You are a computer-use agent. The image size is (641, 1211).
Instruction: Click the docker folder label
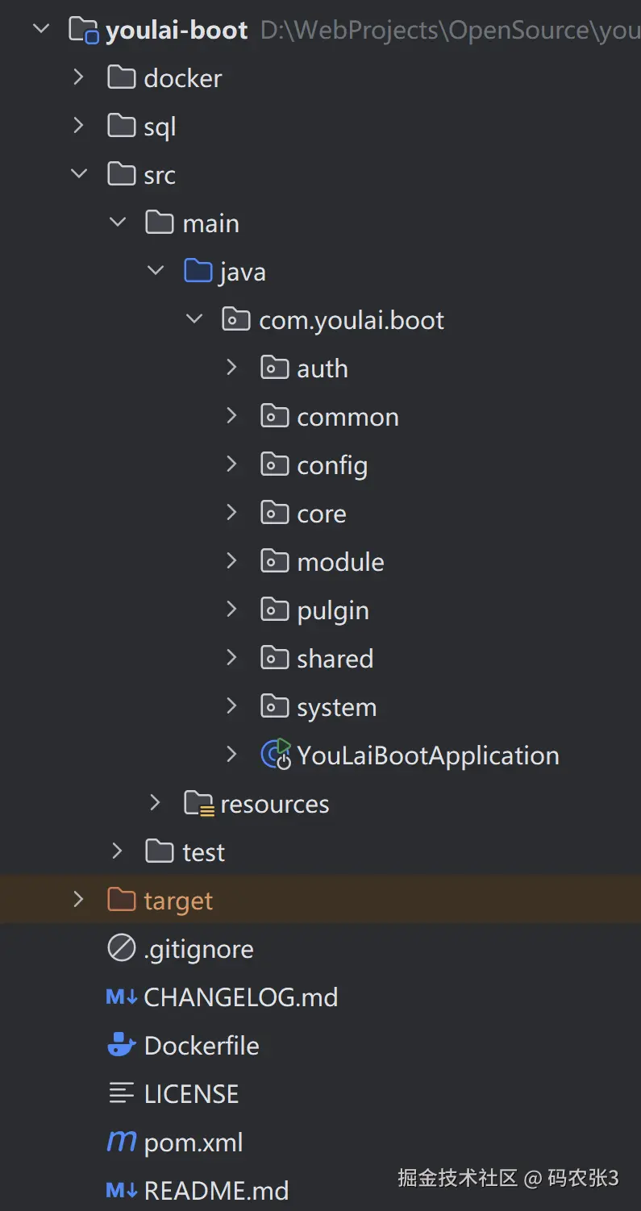(182, 78)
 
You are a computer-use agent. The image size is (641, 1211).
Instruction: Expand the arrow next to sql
(78, 126)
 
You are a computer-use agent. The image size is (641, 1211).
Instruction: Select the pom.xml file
(193, 1142)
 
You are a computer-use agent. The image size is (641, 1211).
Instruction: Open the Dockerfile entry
(201, 1046)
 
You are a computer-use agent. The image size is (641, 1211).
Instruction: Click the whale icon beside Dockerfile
(121, 1045)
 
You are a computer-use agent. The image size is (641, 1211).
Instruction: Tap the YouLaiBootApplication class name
(427, 755)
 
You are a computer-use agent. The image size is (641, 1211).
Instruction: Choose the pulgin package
(332, 610)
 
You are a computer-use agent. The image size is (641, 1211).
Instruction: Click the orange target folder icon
(121, 900)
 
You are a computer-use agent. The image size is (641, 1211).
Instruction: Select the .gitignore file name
(198, 949)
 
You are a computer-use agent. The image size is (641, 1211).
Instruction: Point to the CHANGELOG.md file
(240, 997)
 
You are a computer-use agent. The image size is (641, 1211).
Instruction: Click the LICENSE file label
(191, 1094)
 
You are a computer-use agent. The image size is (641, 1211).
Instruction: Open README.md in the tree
(215, 1191)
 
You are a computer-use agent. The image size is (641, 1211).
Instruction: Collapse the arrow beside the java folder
(156, 271)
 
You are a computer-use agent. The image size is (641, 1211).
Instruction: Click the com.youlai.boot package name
(351, 320)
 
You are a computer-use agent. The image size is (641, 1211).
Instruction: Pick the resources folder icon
(198, 803)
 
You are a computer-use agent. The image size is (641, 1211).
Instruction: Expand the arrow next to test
(117, 851)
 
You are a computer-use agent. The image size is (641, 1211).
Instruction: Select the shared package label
(335, 659)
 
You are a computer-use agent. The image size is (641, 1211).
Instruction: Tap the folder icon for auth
(274, 368)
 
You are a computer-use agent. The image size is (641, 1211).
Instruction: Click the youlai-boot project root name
(177, 31)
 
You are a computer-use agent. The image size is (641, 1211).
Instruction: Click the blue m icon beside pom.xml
(121, 1142)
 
